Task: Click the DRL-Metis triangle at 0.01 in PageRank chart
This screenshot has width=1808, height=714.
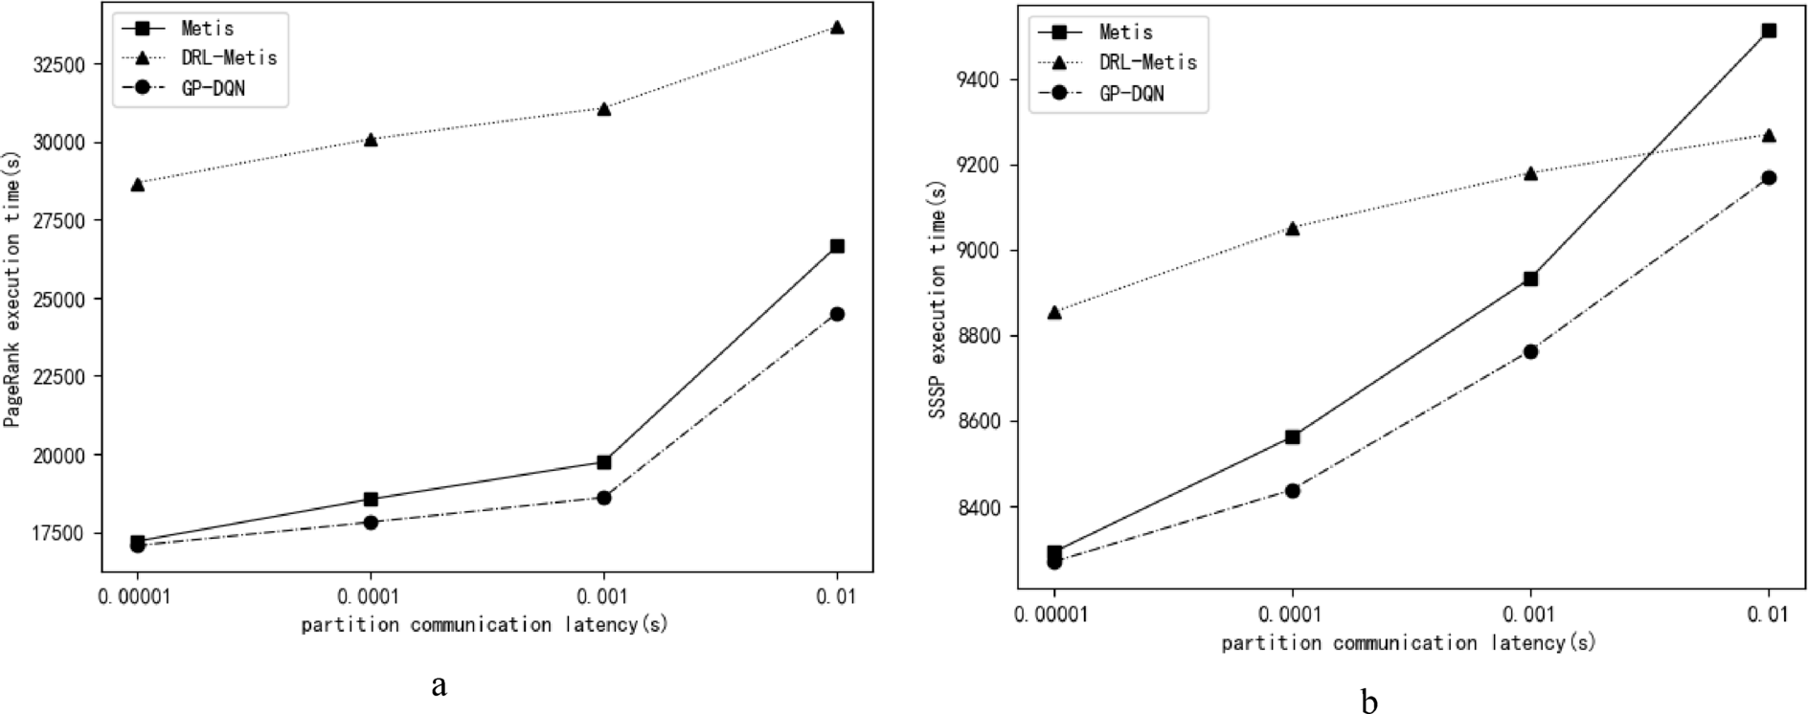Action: click(x=837, y=28)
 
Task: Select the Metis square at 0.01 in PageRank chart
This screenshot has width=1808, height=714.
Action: click(x=837, y=246)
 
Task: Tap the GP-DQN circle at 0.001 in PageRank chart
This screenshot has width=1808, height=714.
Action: click(x=603, y=498)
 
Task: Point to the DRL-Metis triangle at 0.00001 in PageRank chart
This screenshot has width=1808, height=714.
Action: click(x=138, y=184)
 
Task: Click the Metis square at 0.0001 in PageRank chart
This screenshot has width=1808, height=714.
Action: click(x=371, y=499)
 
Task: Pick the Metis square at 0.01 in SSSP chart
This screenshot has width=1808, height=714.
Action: click(x=1769, y=31)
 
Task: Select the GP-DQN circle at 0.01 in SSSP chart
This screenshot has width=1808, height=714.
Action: click(x=1769, y=178)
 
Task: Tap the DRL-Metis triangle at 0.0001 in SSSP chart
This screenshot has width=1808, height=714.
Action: click(x=1293, y=228)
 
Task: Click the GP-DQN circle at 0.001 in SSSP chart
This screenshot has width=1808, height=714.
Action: click(x=1530, y=351)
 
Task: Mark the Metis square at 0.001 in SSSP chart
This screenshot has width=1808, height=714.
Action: click(x=1530, y=279)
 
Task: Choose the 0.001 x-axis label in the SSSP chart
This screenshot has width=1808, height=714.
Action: click(x=1530, y=614)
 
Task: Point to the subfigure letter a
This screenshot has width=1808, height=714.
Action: click(x=439, y=685)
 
